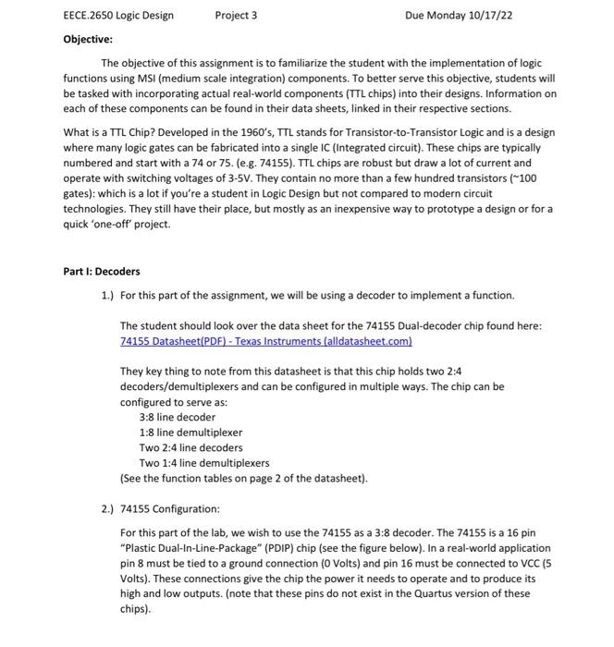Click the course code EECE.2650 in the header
pyautogui.click(x=92, y=16)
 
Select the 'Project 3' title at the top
pyautogui.click(x=236, y=16)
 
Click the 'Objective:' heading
pyautogui.click(x=88, y=39)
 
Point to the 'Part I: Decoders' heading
pyautogui.click(x=102, y=271)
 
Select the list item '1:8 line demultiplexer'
pyautogui.click(x=190, y=432)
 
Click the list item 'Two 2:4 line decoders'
pyautogui.click(x=190, y=447)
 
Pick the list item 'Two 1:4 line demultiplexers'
pyautogui.click(x=204, y=462)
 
